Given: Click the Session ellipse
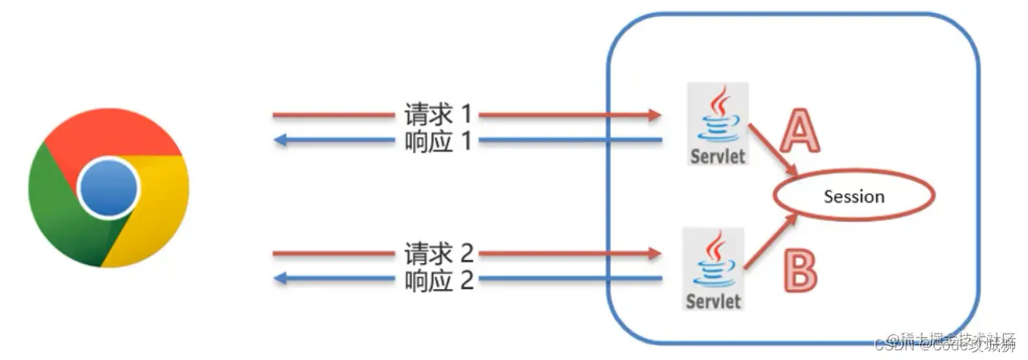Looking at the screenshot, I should pos(854,197).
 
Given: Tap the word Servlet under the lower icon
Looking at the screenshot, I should pos(713,302).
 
